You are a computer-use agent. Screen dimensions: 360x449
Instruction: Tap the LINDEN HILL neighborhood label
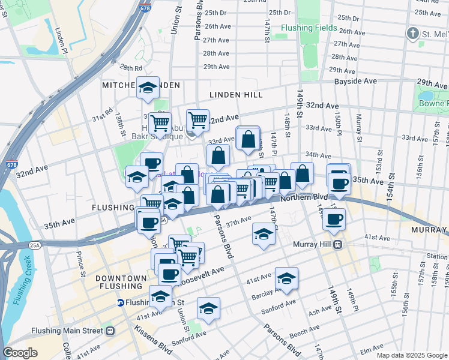click(x=233, y=95)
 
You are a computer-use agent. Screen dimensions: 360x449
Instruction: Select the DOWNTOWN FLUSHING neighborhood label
click(x=121, y=283)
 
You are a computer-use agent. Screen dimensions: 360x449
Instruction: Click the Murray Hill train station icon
click(x=338, y=244)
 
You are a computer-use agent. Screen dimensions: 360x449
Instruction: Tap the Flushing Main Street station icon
click(x=110, y=330)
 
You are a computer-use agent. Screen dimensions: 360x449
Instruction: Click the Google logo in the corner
click(x=20, y=353)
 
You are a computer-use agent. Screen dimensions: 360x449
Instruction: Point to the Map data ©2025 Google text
click(x=411, y=355)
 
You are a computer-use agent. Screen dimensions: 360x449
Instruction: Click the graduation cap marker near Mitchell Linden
click(x=148, y=88)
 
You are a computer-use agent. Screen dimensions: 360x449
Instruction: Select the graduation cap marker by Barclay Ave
click(x=287, y=278)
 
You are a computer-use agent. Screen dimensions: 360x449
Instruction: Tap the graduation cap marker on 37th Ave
click(x=263, y=235)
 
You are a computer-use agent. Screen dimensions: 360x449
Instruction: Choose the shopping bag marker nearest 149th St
click(x=303, y=174)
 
